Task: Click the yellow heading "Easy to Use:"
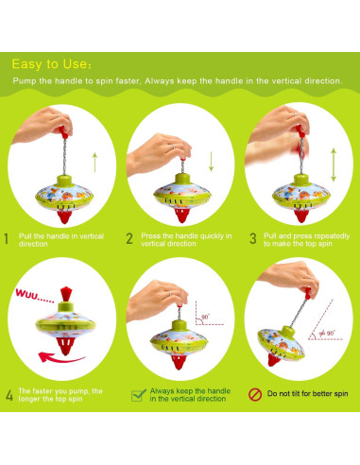click(52, 64)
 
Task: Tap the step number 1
click(6, 239)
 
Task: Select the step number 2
click(129, 239)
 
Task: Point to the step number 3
click(252, 239)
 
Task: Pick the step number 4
click(9, 395)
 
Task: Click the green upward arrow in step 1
click(94, 163)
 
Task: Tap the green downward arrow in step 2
click(211, 162)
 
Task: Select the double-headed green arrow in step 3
click(334, 164)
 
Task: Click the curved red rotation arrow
click(61, 358)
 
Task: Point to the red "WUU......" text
click(35, 296)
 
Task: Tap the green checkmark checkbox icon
click(139, 395)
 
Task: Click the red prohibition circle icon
click(255, 394)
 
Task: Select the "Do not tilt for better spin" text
click(307, 394)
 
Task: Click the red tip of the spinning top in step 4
click(65, 346)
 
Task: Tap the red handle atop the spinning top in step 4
click(66, 294)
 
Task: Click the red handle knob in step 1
click(63, 132)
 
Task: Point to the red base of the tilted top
click(274, 359)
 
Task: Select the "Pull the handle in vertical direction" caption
click(61, 240)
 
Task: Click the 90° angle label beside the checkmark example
click(205, 317)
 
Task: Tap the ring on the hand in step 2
click(174, 146)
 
